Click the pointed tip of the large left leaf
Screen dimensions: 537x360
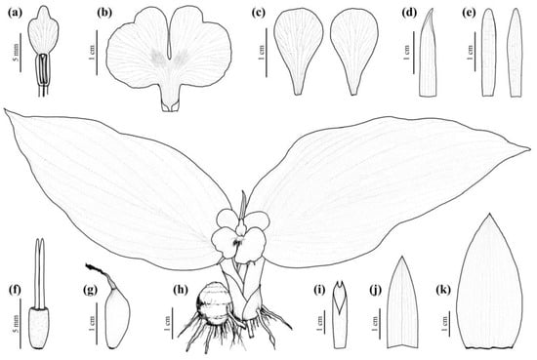(5, 115)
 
